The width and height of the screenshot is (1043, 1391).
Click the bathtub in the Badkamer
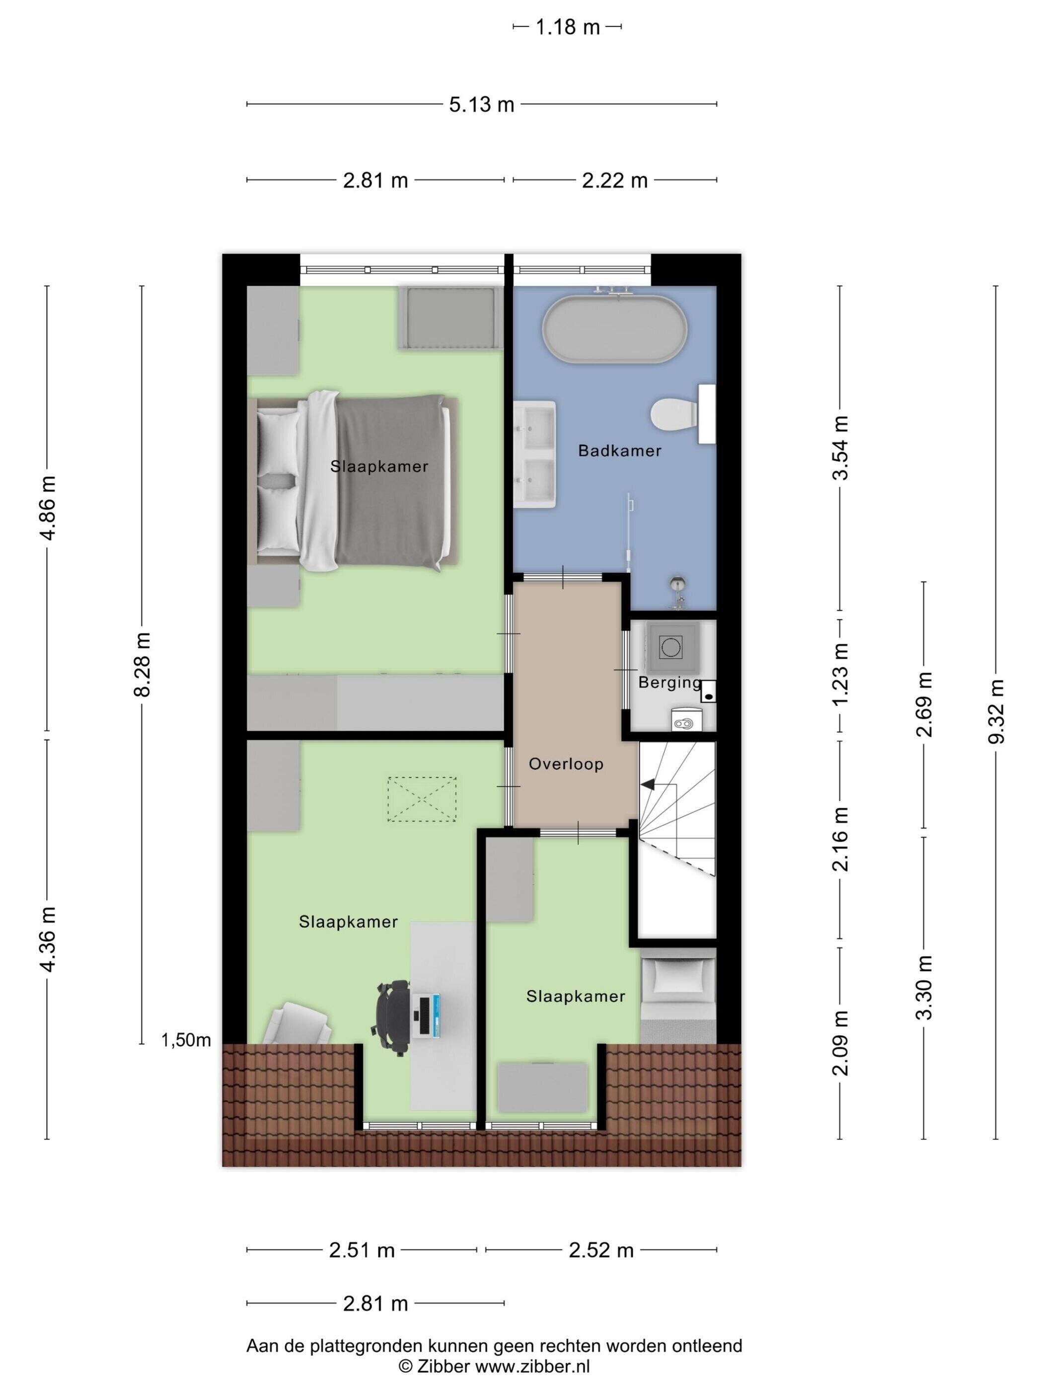tap(615, 328)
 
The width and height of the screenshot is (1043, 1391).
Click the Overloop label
tap(566, 764)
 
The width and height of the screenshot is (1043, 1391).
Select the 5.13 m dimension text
tap(482, 104)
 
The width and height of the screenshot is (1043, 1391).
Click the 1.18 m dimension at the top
tap(567, 27)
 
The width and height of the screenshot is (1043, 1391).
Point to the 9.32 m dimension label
tap(996, 711)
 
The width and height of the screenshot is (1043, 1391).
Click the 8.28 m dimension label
tap(142, 665)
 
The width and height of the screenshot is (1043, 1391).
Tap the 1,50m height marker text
tap(186, 1040)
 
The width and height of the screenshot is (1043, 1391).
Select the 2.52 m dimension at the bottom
tap(601, 1250)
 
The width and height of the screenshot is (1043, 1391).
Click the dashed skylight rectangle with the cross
tap(422, 799)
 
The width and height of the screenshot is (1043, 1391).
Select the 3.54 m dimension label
tap(840, 447)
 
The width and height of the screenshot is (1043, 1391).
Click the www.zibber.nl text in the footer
tap(532, 1365)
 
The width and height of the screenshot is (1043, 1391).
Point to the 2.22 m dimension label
tap(614, 180)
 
